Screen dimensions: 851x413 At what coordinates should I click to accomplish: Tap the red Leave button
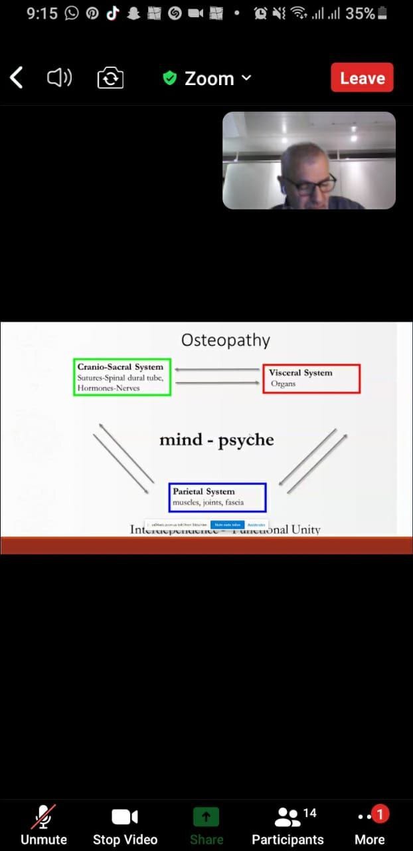click(x=362, y=78)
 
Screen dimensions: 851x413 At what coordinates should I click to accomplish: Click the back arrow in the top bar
click(x=17, y=78)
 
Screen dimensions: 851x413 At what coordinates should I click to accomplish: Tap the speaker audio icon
click(x=59, y=78)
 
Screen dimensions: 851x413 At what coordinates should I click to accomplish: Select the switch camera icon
click(x=110, y=78)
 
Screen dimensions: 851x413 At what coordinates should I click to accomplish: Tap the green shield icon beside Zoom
click(x=170, y=78)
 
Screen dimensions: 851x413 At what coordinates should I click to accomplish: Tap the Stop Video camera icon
click(x=125, y=816)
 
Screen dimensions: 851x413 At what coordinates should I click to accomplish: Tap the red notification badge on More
click(x=380, y=813)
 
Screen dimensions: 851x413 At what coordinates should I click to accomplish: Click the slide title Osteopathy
click(x=226, y=340)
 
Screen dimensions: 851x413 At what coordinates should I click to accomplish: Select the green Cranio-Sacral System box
click(x=122, y=377)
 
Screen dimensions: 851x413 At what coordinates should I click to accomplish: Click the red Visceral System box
click(x=311, y=378)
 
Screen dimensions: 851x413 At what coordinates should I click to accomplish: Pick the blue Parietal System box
click(x=217, y=497)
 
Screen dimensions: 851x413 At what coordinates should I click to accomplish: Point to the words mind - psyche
click(x=216, y=440)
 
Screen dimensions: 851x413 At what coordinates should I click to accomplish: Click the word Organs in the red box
click(x=284, y=384)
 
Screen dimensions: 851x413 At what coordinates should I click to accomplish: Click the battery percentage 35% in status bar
click(x=360, y=13)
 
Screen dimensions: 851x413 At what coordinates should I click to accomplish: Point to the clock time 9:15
click(x=42, y=13)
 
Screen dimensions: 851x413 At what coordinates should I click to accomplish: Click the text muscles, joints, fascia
click(x=208, y=503)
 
